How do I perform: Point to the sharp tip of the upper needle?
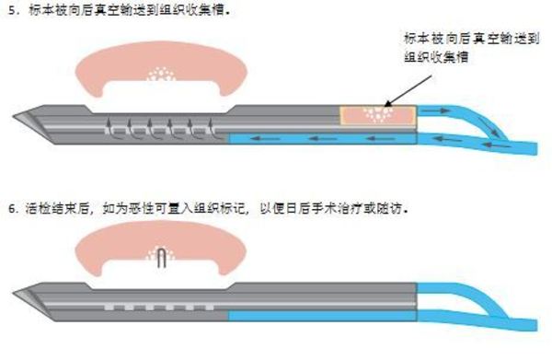tap(16, 117)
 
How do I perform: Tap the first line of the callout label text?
tap(460, 39)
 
